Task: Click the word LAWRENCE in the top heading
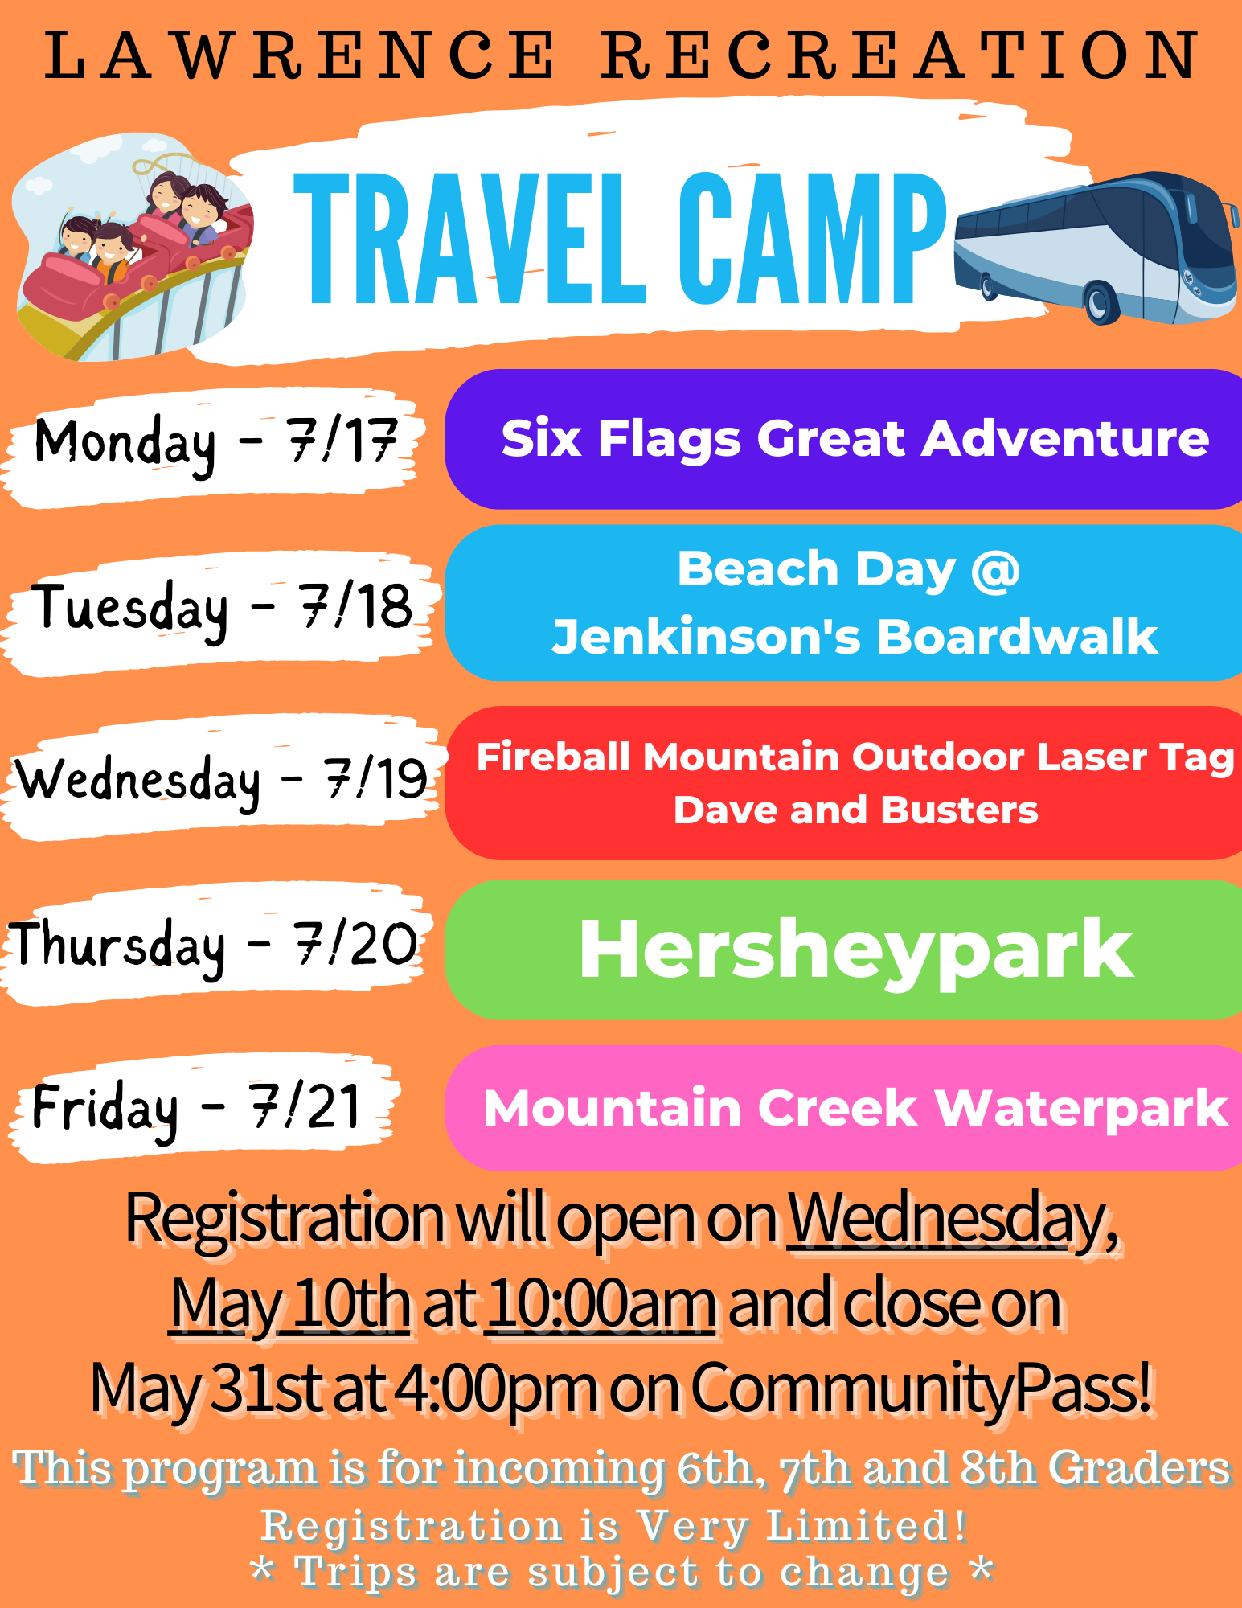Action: coord(299,55)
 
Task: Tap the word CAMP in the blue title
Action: coord(813,239)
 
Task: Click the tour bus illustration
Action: coord(1096,248)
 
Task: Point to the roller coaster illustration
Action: coord(133,249)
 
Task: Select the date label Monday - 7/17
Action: coord(215,443)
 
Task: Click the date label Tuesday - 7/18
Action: coord(222,609)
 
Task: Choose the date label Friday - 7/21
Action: coord(196,1109)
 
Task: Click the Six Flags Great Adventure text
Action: coord(855,439)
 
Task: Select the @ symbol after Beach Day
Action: coord(995,571)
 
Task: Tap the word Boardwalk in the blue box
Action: coord(1016,637)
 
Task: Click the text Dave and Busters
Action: coord(856,810)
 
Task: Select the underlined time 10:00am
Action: coord(601,1304)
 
